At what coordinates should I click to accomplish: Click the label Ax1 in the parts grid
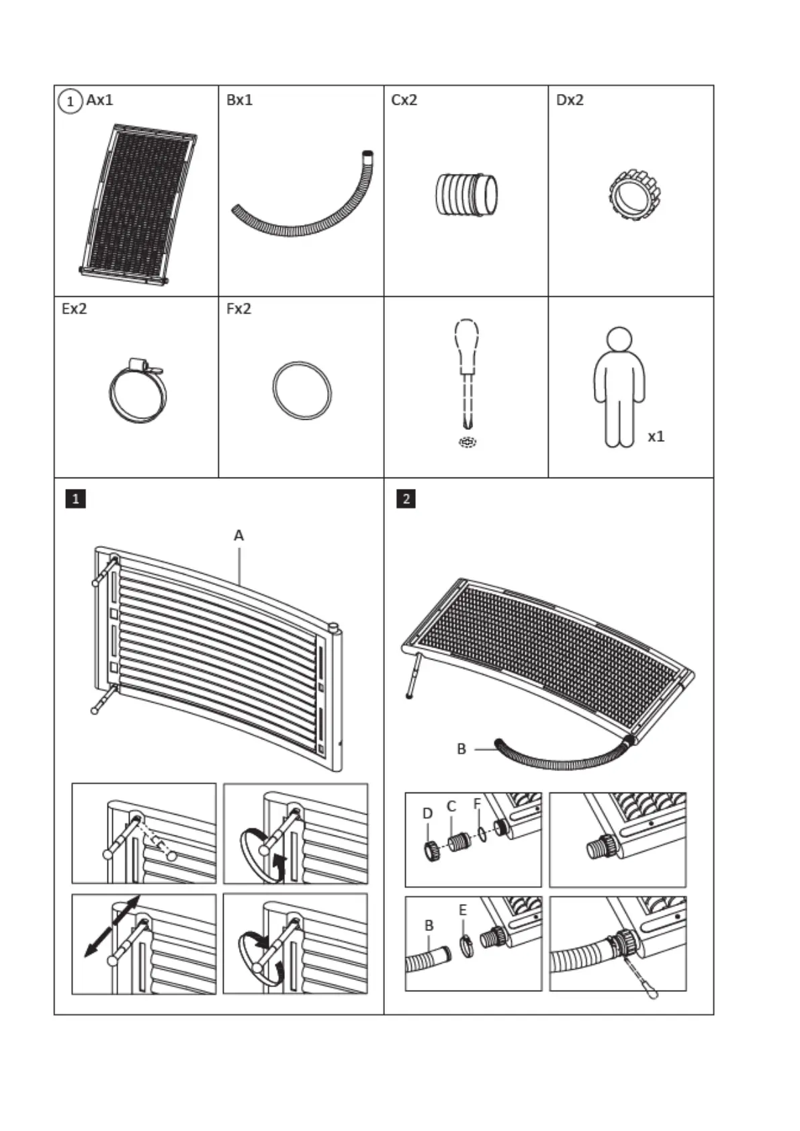pyautogui.click(x=99, y=101)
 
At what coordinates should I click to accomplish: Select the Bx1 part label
pyautogui.click(x=239, y=101)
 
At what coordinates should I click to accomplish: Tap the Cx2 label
pyautogui.click(x=404, y=101)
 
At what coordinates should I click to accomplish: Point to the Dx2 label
pyautogui.click(x=570, y=101)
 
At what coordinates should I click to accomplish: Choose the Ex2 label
pyautogui.click(x=74, y=310)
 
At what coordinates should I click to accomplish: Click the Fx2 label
pyautogui.click(x=238, y=310)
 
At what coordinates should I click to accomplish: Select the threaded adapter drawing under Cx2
pyautogui.click(x=465, y=195)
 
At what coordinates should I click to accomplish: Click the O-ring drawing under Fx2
pyautogui.click(x=302, y=390)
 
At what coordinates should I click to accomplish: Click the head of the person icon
pyautogui.click(x=619, y=339)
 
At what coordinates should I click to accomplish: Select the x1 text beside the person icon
pyautogui.click(x=656, y=437)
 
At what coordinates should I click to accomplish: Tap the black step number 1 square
pyautogui.click(x=75, y=499)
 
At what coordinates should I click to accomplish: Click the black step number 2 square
pyautogui.click(x=406, y=499)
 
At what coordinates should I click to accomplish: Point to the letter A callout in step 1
pyautogui.click(x=238, y=536)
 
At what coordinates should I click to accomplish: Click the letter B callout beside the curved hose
pyautogui.click(x=461, y=749)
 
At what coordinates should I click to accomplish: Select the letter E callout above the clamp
pyautogui.click(x=463, y=911)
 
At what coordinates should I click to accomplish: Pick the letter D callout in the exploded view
pyautogui.click(x=428, y=813)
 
